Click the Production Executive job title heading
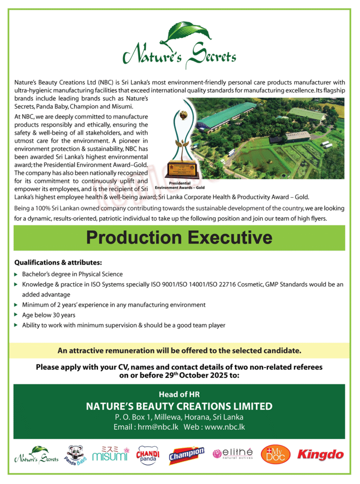click(179, 237)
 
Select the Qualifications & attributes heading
click(58, 262)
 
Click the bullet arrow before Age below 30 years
click(17, 315)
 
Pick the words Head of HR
click(179, 394)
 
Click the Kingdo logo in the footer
click(320, 455)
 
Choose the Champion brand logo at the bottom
click(186, 455)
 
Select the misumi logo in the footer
click(110, 454)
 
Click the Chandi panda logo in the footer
click(148, 455)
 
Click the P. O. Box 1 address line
click(179, 417)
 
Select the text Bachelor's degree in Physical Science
click(72, 274)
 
